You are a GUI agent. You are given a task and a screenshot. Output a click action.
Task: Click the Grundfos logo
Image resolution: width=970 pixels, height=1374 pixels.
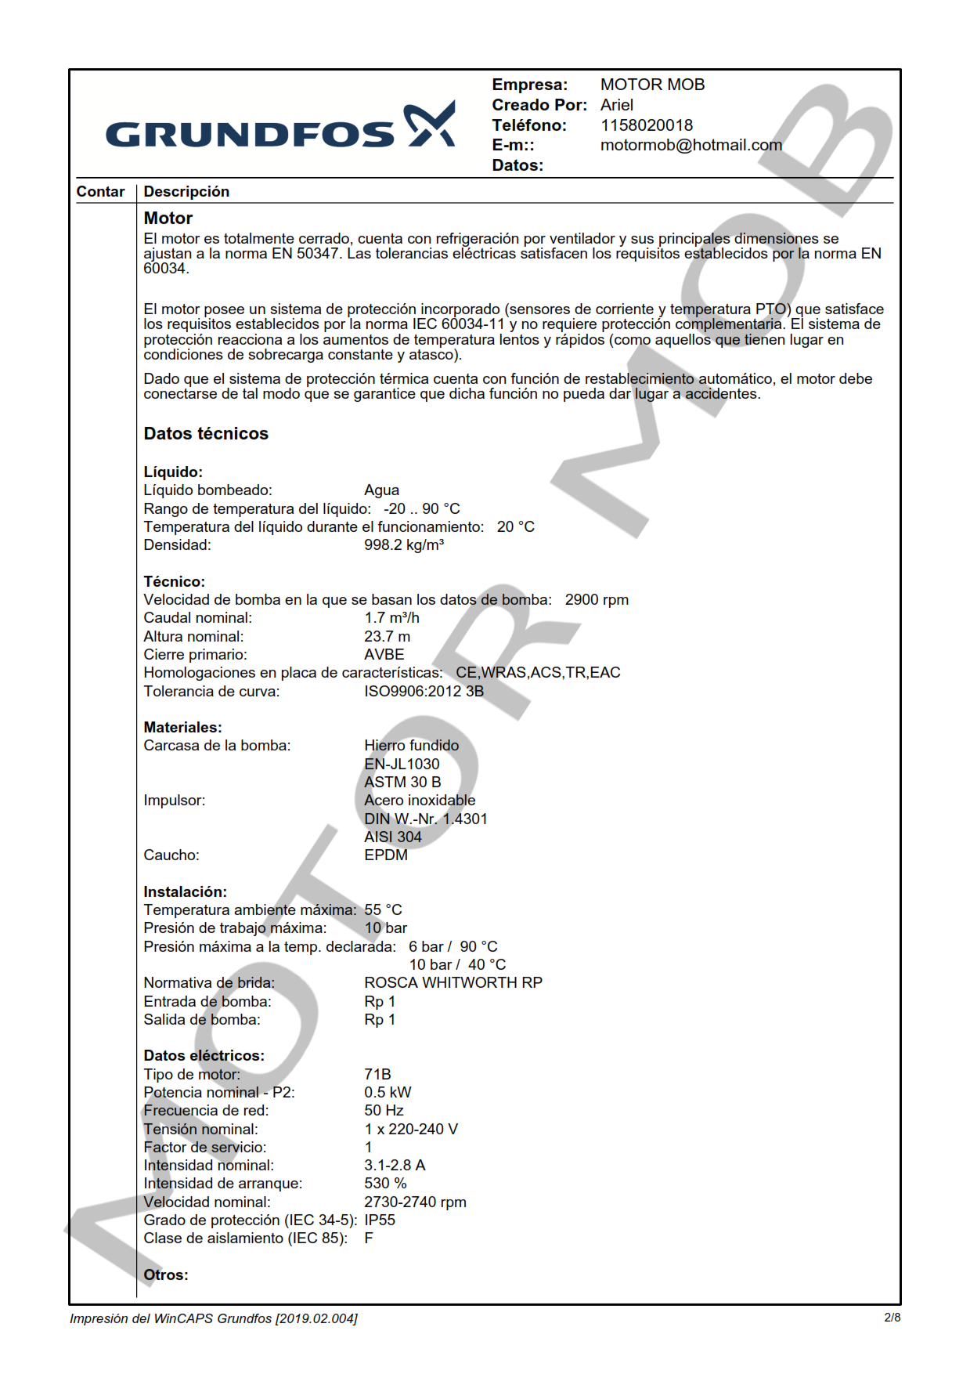tap(279, 127)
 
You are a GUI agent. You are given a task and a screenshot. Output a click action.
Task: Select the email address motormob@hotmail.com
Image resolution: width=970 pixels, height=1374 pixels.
tap(691, 145)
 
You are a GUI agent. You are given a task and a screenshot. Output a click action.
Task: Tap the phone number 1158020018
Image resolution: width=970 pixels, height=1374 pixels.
tap(646, 125)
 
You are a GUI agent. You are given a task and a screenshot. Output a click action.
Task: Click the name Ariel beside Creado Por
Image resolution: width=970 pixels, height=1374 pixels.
tap(616, 105)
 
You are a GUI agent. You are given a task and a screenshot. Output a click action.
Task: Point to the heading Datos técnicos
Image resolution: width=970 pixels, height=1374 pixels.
tap(206, 434)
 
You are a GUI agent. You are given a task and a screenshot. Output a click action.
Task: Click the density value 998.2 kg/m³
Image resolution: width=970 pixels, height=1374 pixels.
tap(403, 545)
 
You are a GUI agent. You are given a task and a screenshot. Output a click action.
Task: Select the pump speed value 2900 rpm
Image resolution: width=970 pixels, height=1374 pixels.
tap(597, 600)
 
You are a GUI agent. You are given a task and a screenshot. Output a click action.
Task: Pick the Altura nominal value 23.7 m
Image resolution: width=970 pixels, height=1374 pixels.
tap(387, 637)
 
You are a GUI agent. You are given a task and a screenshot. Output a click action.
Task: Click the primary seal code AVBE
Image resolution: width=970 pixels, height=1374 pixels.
tap(384, 655)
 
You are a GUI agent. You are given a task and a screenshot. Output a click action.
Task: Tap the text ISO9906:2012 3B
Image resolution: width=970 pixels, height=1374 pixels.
tap(424, 692)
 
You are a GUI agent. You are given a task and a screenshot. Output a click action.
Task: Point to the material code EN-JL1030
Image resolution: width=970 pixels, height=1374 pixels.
tap(402, 764)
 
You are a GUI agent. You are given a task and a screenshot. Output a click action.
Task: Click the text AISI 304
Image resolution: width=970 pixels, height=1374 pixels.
tap(392, 837)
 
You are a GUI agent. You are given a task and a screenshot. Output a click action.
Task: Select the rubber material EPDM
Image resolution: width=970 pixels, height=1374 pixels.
tap(385, 855)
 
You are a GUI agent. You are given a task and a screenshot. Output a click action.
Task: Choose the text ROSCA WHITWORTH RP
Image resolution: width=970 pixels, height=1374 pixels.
tap(453, 983)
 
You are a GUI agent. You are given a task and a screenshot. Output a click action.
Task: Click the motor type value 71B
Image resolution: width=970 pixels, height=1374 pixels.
tap(377, 1075)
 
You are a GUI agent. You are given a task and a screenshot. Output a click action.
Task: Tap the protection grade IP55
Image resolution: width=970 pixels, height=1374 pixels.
tap(379, 1220)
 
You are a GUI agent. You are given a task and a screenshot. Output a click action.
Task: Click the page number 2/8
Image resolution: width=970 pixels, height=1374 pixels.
tap(892, 1318)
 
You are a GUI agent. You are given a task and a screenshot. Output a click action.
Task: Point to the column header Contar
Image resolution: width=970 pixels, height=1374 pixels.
tap(100, 192)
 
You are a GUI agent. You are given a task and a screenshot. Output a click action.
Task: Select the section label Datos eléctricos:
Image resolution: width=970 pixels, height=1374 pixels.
tap(204, 1056)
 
